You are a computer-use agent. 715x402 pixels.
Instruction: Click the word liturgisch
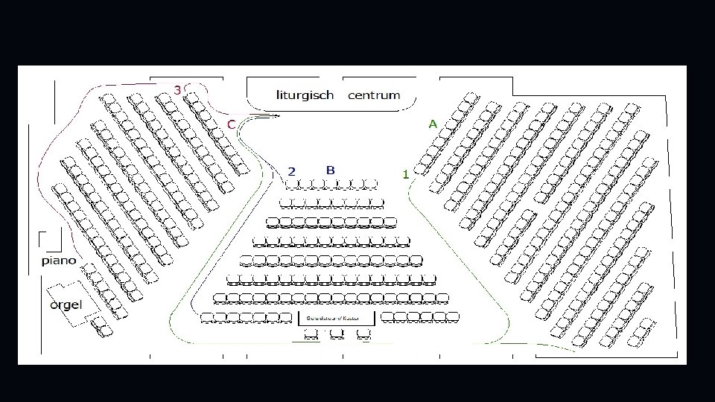305,95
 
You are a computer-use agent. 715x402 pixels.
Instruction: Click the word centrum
374,95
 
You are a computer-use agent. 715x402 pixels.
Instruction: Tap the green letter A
433,124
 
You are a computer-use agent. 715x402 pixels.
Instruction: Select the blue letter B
330,170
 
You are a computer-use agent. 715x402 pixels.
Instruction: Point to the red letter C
232,124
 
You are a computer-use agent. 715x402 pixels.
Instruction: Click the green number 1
405,174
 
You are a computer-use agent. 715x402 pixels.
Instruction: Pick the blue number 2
292,171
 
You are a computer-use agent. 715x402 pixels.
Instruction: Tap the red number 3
177,89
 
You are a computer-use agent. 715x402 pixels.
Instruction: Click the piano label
59,261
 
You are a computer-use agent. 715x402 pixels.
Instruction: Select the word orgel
66,304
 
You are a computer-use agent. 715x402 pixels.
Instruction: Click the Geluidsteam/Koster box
336,318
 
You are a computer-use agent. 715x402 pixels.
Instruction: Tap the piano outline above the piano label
51,240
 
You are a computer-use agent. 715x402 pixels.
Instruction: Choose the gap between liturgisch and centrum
341,95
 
